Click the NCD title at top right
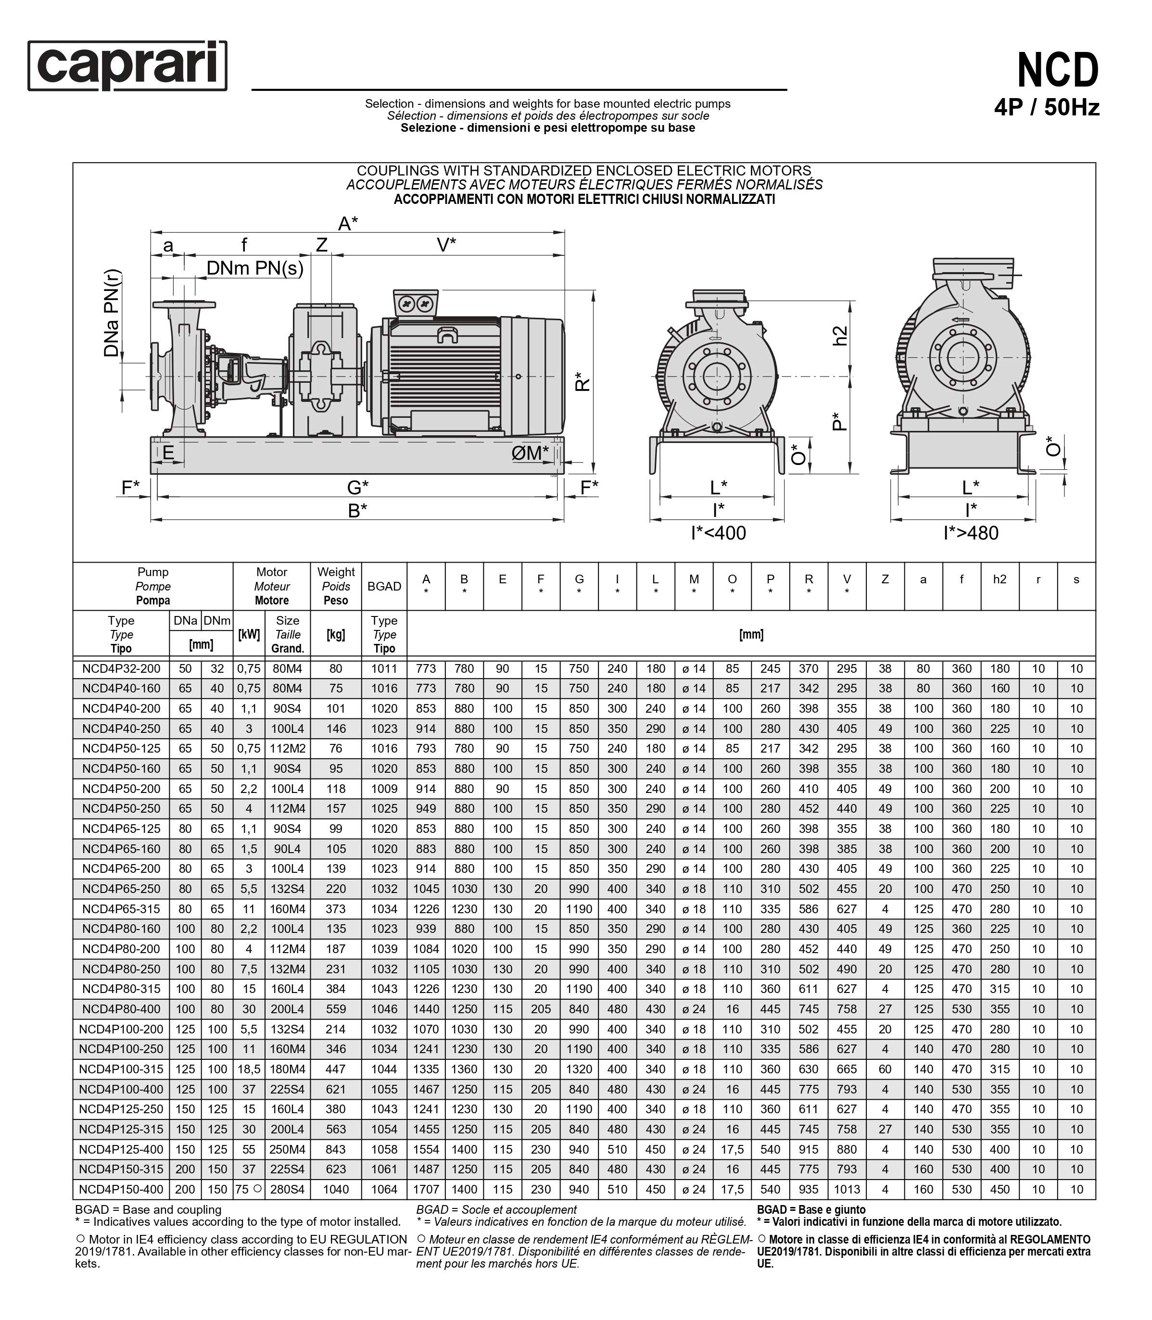tap(1058, 71)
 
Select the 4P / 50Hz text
tap(1047, 107)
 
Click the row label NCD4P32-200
tap(121, 668)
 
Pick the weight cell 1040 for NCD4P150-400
tap(336, 1189)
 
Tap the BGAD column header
tap(384, 586)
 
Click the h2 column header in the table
tap(1000, 579)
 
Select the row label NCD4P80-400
tap(121, 1009)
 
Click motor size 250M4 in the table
tap(287, 1149)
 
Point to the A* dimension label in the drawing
tap(348, 223)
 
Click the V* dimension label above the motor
tap(446, 245)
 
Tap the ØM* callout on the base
tap(530, 453)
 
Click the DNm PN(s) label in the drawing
tap(254, 268)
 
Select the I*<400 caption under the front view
tap(718, 533)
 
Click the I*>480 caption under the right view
tap(971, 533)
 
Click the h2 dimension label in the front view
tap(839, 336)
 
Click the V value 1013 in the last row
tap(847, 1189)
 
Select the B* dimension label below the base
tap(357, 511)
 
